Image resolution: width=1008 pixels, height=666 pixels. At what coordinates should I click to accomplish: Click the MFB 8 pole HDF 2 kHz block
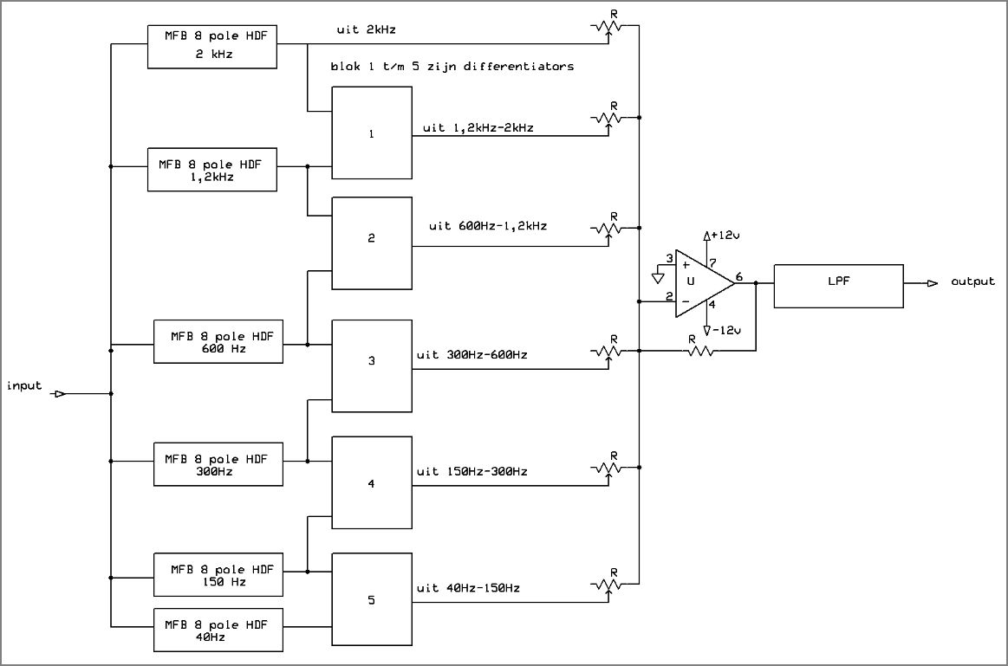pos(212,46)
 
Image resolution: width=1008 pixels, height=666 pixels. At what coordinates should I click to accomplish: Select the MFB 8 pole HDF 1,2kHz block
pos(212,169)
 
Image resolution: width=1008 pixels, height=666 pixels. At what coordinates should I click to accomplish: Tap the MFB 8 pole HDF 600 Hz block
pos(218,341)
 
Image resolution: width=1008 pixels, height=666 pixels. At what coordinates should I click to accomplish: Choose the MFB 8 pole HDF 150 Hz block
pos(218,574)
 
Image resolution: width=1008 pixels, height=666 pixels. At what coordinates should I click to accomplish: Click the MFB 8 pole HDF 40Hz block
pos(218,630)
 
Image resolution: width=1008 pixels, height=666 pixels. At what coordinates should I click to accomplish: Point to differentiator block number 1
pos(372,134)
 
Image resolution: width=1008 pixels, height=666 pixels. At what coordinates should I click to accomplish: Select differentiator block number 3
pos(372,360)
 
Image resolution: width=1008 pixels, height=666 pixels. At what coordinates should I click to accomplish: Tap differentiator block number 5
pos(372,598)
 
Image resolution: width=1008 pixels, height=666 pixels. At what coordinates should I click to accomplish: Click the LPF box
pos(837,286)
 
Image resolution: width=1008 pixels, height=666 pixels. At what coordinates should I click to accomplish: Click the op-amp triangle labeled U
pos(698,282)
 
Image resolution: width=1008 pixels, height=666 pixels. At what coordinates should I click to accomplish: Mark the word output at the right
pos(972,282)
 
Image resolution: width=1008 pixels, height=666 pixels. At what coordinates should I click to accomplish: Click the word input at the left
pos(24,385)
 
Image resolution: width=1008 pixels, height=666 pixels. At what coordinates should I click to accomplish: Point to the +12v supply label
pos(725,236)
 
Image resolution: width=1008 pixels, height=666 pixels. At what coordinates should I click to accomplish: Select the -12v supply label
pos(726,331)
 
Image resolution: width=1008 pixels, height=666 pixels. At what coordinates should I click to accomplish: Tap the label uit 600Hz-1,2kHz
pos(488,226)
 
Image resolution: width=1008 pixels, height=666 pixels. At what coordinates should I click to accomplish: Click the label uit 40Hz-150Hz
pos(468,588)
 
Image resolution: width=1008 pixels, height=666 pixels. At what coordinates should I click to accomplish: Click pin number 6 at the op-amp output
pos(738,277)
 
